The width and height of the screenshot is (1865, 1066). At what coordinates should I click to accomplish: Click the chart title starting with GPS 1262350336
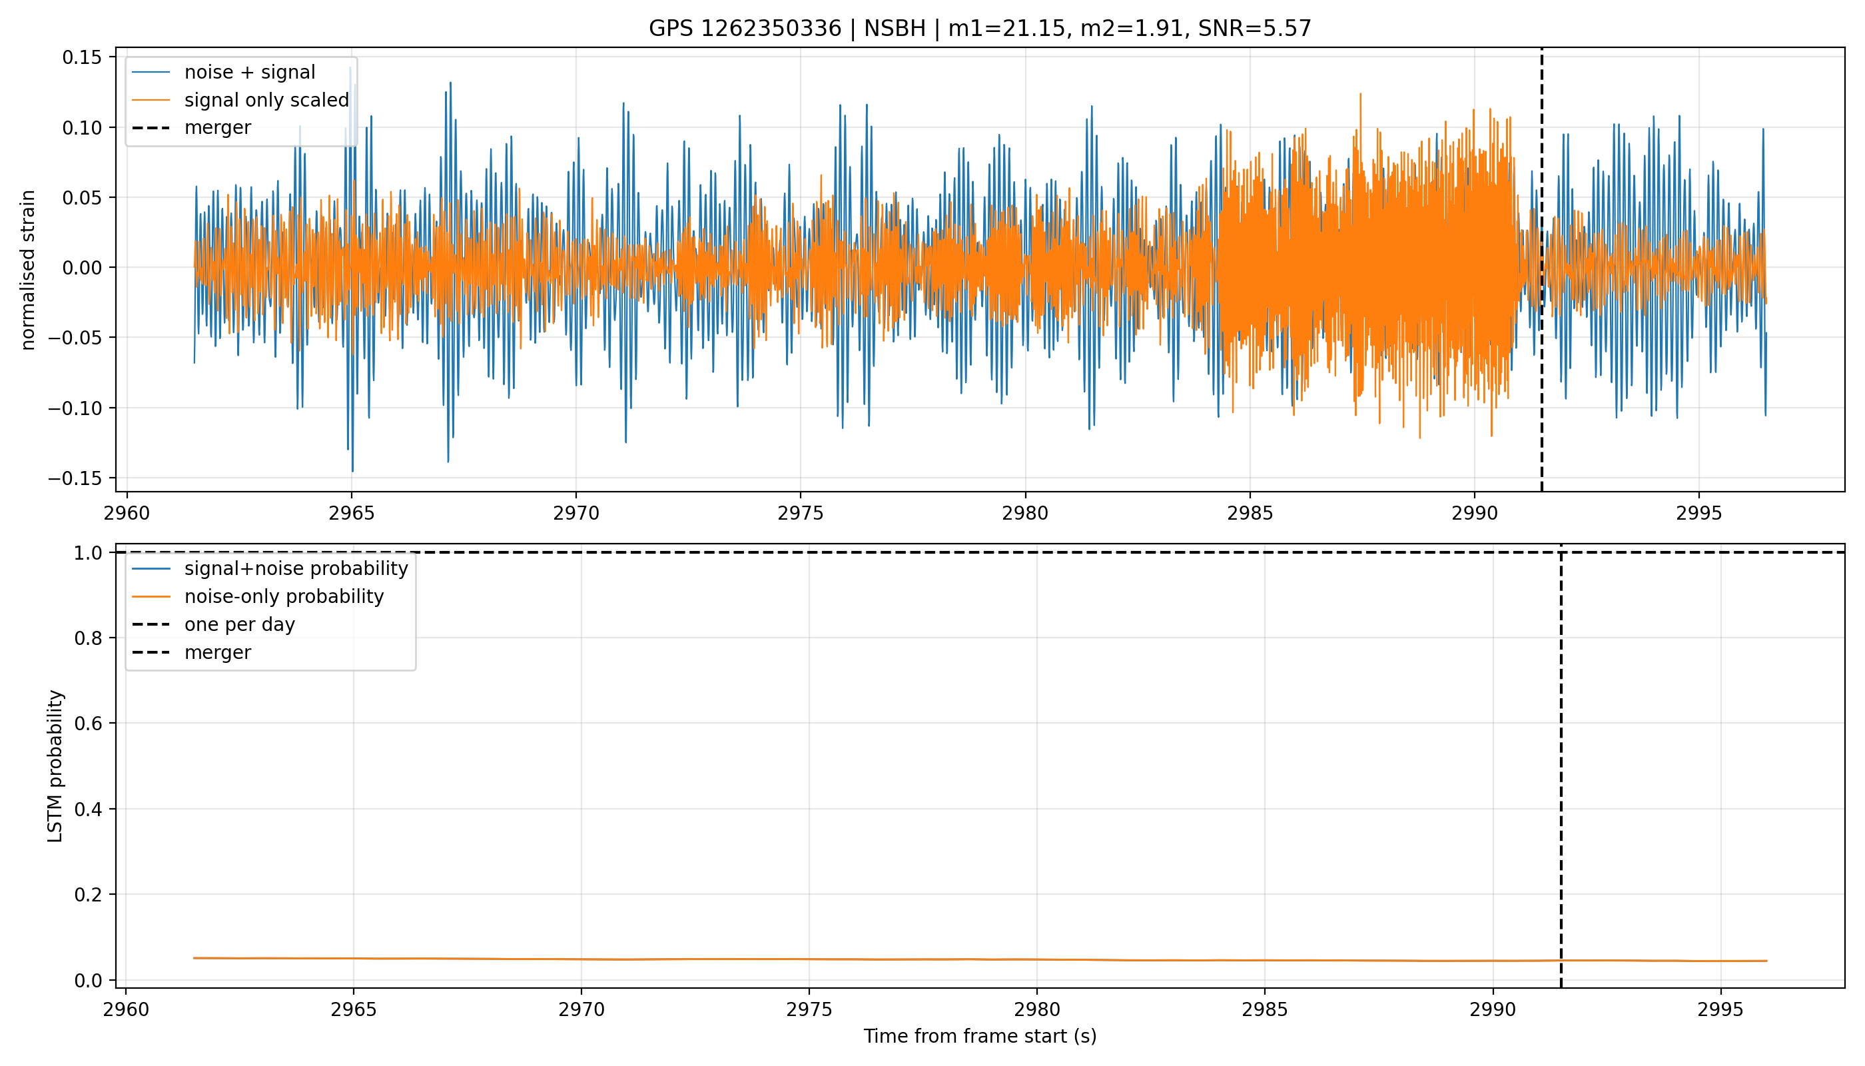980,29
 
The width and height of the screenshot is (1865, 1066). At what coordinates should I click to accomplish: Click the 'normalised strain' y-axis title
28,270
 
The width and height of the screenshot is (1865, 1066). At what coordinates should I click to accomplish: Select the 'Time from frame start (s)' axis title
980,1036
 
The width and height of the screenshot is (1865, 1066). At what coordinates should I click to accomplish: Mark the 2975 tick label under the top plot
801,513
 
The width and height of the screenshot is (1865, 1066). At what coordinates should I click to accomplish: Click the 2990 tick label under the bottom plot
1493,1009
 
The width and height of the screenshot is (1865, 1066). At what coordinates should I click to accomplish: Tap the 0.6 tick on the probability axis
88,724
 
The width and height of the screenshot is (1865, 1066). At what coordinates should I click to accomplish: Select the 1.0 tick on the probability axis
88,553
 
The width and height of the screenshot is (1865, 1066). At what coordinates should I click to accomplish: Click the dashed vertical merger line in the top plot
1542,269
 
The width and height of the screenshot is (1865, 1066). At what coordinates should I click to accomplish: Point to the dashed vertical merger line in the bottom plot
1561,766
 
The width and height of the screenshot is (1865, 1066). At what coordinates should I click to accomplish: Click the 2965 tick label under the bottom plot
354,1009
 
